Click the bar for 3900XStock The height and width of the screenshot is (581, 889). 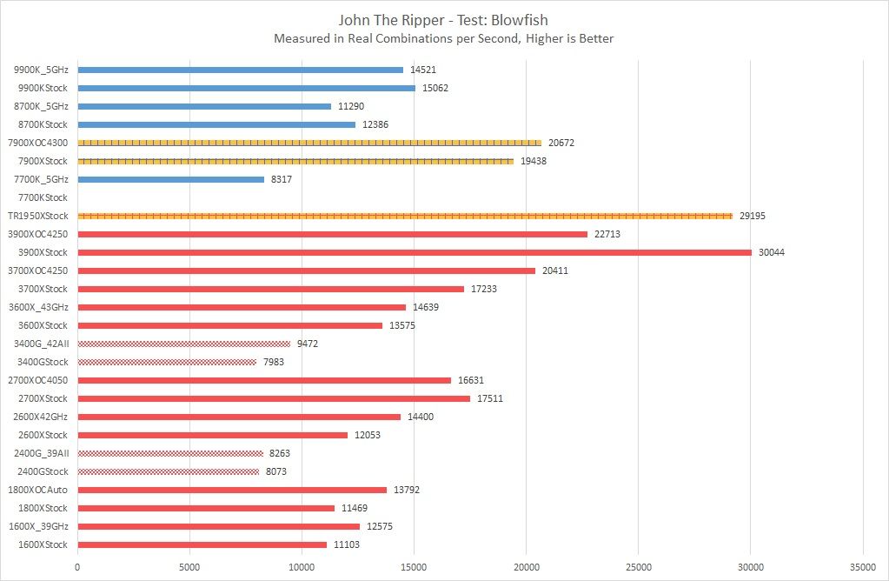[415, 252]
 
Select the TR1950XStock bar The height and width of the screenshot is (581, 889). [405, 216]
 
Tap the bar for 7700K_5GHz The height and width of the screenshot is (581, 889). [171, 179]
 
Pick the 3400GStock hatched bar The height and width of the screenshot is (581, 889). [167, 362]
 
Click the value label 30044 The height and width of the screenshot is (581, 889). [772, 252]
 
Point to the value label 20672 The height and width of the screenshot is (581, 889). [561, 143]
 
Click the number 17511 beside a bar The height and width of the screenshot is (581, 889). [490, 398]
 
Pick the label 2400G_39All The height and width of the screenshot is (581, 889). [42, 453]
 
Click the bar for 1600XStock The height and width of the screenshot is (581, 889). [202, 544]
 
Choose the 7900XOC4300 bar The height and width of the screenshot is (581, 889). [309, 143]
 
